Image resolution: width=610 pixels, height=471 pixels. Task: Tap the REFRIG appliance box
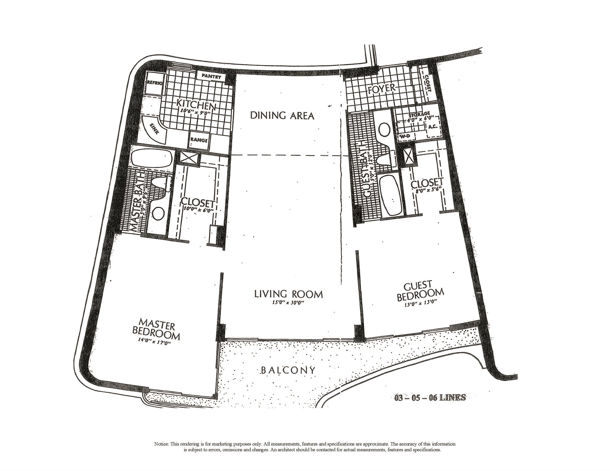(x=153, y=83)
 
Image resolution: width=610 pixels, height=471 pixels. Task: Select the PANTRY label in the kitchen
(x=211, y=76)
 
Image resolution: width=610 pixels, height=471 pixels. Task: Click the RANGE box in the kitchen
(x=199, y=141)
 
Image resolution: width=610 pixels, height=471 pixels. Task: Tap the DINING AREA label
(x=282, y=116)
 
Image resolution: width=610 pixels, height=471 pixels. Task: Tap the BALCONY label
(x=288, y=370)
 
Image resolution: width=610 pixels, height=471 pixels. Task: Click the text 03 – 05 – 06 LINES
(x=430, y=398)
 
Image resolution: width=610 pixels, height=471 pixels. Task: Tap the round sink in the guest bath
(x=383, y=129)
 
